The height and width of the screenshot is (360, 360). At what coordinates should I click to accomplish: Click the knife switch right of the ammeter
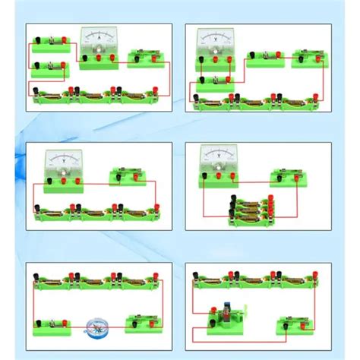tap(147, 57)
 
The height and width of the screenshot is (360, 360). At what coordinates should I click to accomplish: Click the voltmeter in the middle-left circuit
tap(62, 166)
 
